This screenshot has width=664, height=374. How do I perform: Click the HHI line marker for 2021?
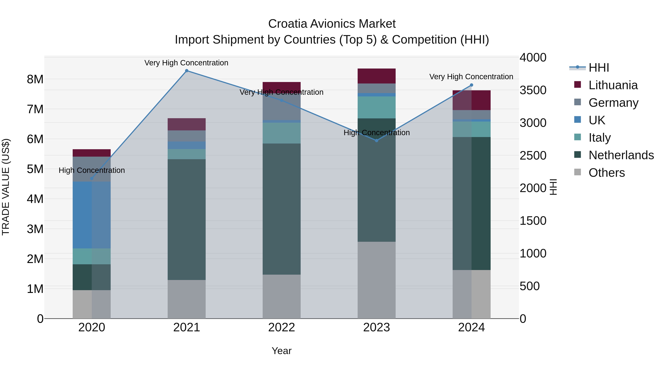click(x=187, y=71)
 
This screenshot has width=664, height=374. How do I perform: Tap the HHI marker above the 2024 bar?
click(x=471, y=85)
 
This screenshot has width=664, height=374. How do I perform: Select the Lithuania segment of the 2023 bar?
click(x=377, y=76)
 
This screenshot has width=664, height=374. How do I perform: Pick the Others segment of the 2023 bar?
click(x=377, y=280)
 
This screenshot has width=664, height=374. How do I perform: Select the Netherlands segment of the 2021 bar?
click(x=187, y=219)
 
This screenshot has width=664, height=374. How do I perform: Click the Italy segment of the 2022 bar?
click(x=281, y=133)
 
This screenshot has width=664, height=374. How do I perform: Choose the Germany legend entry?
click(x=613, y=103)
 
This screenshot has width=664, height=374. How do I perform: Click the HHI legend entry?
click(x=599, y=68)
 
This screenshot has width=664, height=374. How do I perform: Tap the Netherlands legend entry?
click(x=621, y=155)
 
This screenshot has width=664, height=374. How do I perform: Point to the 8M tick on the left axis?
click(x=35, y=79)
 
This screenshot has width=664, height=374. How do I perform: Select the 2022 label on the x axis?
click(x=281, y=327)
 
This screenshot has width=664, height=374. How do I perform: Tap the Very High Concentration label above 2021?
click(x=186, y=63)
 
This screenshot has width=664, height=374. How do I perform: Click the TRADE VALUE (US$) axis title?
click(x=6, y=187)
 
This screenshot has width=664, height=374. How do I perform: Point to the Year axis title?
click(x=281, y=351)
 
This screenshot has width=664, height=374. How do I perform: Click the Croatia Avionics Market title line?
click(x=332, y=24)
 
